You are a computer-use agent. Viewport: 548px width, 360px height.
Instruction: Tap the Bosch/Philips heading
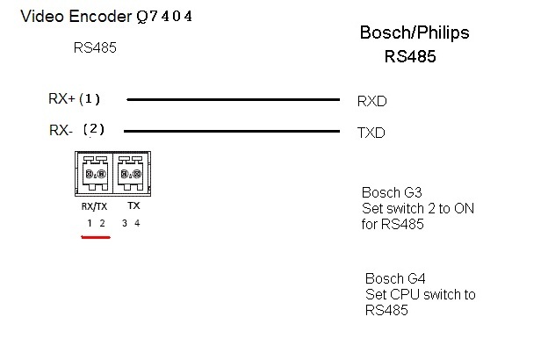point(415,33)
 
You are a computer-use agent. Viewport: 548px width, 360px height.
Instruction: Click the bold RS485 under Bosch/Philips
point(410,57)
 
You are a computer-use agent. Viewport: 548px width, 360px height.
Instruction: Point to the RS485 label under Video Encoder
point(95,48)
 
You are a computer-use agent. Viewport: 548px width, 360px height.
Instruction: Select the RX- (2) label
point(77,130)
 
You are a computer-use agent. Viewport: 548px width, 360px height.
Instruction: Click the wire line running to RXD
point(233,100)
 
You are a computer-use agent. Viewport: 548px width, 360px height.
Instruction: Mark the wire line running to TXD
point(233,132)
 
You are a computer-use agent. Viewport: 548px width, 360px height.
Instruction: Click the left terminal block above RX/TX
point(96,174)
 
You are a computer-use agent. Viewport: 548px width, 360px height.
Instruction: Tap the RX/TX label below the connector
point(96,207)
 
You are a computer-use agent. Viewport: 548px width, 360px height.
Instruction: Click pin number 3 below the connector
point(125,224)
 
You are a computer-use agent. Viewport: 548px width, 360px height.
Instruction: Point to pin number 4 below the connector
point(137,224)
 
